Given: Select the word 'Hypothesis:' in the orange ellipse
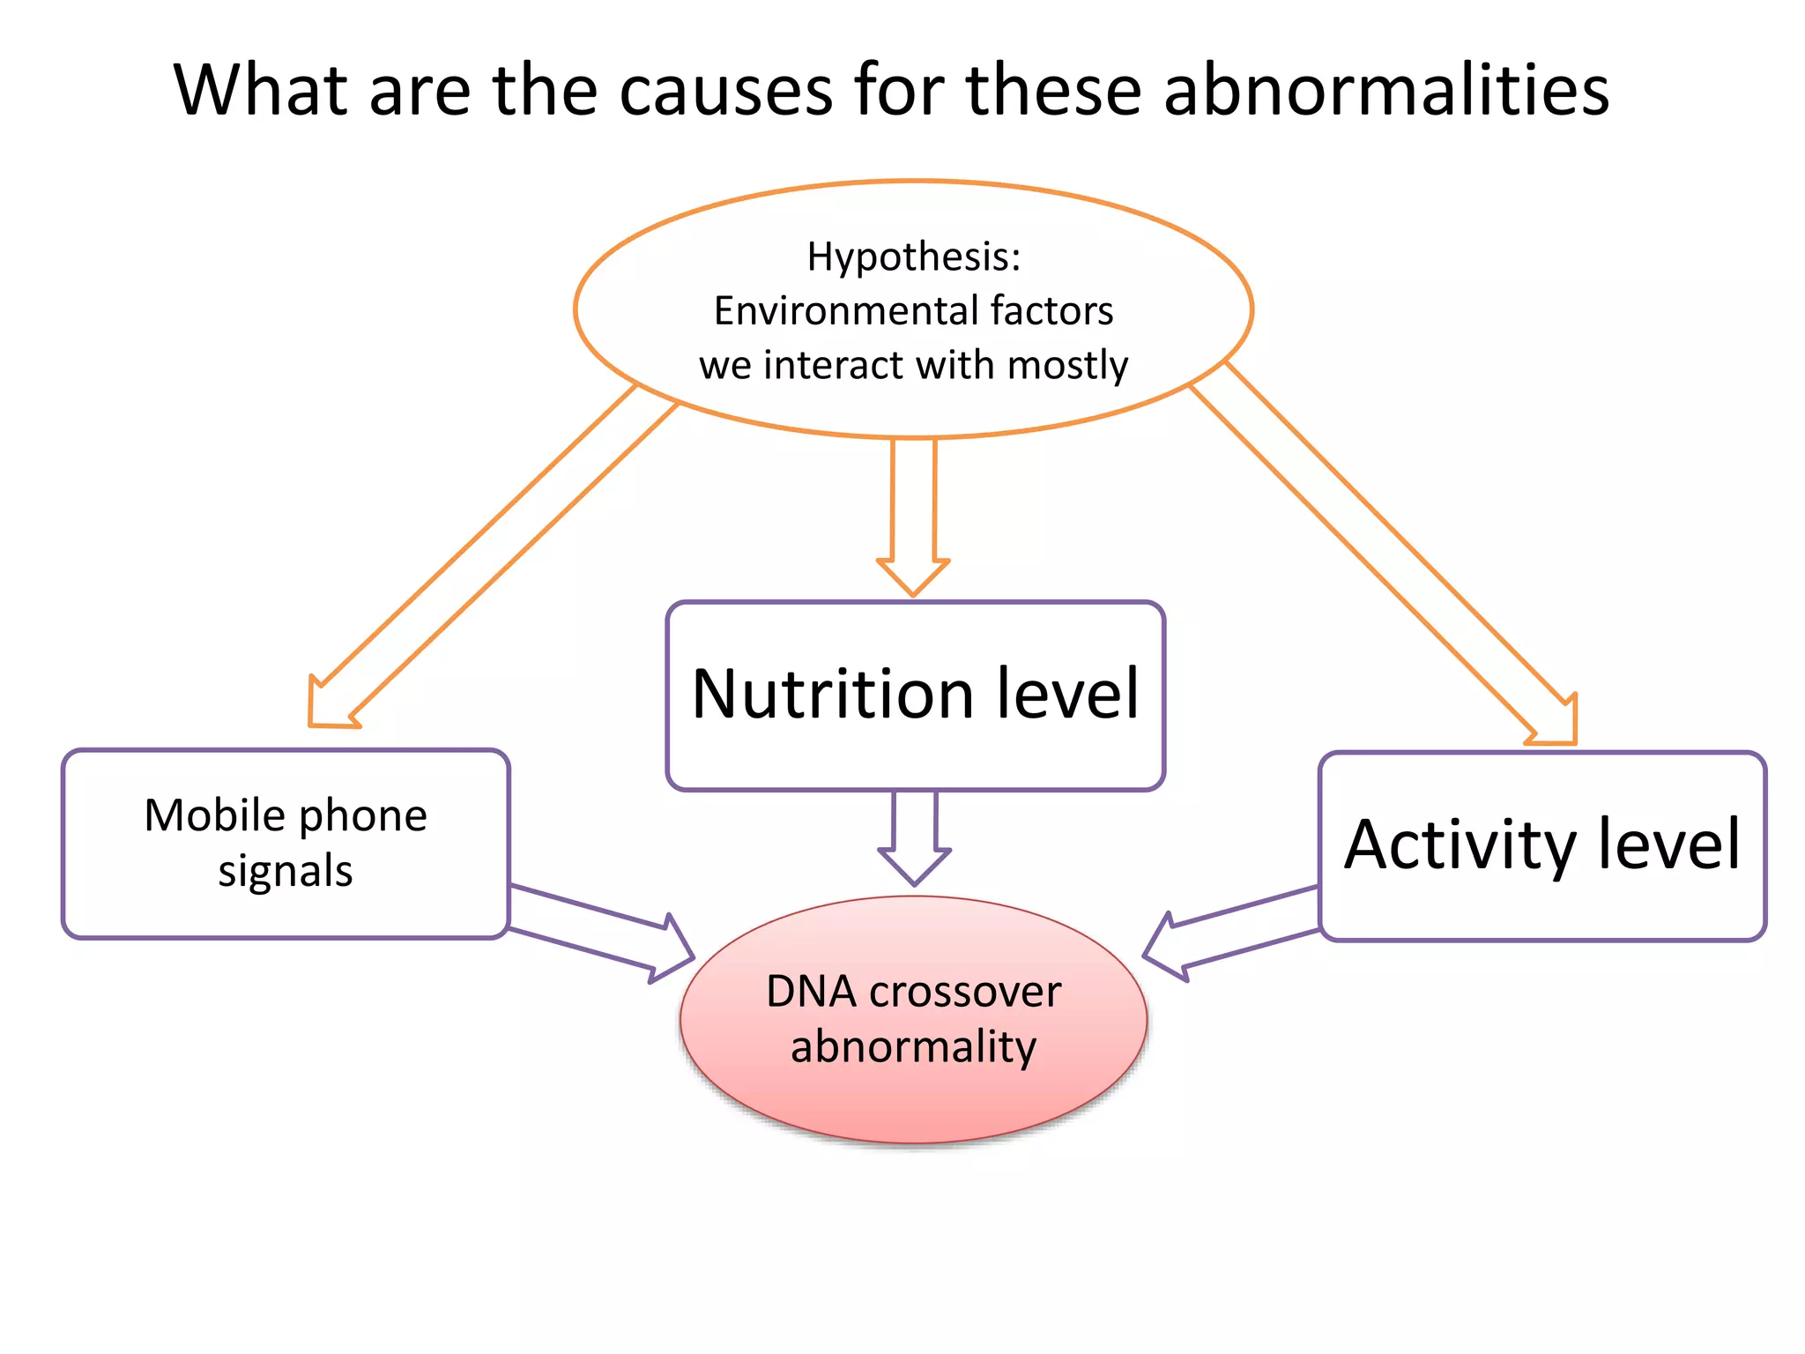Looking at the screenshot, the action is tap(914, 257).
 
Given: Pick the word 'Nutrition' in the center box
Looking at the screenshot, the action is tap(832, 694).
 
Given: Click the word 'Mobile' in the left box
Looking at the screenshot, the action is tap(214, 815).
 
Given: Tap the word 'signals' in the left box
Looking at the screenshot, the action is tap(286, 871).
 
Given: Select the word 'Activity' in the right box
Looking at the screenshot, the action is tap(1459, 845).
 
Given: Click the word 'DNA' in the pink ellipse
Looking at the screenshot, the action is tap(811, 992).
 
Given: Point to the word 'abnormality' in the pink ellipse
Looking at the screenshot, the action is tap(913, 1047).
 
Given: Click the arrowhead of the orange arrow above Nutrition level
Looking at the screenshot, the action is tap(913, 577).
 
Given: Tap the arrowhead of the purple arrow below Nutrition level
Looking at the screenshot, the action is tap(914, 866).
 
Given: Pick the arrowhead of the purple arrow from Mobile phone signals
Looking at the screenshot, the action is tap(673, 949).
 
